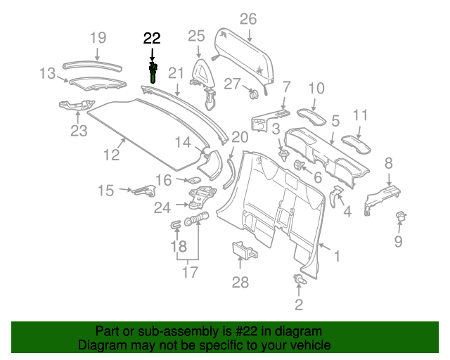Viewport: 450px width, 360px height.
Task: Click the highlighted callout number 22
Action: pos(152,39)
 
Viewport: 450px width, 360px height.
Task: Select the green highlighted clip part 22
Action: pos(153,72)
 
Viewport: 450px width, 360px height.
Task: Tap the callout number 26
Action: pos(248,18)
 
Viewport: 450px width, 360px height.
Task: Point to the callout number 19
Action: pos(98,37)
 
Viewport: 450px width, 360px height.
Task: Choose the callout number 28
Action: pos(240,283)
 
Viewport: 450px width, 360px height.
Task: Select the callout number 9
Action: pos(398,243)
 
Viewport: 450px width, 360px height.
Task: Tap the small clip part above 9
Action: pos(403,216)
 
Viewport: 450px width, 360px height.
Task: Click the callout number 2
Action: pos(299,304)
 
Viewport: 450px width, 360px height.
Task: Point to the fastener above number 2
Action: pos(300,281)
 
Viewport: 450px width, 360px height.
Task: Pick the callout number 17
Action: pos(190,272)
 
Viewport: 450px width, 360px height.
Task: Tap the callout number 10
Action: pos(316,88)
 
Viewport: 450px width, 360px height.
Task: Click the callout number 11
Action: pos(361,115)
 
